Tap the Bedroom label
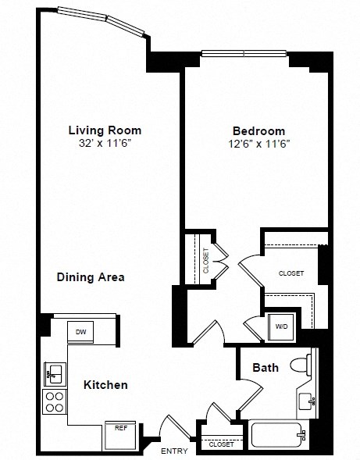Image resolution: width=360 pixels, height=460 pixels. (x=258, y=131)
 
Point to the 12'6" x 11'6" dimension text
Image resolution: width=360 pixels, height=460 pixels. (x=258, y=144)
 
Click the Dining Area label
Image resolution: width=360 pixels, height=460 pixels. (x=91, y=276)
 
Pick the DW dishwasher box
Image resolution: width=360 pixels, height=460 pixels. (x=81, y=332)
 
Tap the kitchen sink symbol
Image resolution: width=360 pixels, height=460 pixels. (x=55, y=373)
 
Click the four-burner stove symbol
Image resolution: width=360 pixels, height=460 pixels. (x=55, y=402)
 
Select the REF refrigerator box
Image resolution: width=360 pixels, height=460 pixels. (x=121, y=429)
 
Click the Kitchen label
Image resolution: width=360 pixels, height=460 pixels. (x=105, y=385)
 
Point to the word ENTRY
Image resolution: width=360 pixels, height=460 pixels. (x=173, y=451)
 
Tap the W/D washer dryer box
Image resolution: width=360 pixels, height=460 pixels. (x=280, y=326)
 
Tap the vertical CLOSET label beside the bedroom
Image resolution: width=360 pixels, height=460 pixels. (x=205, y=259)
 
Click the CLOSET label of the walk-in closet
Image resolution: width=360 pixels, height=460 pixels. (x=291, y=273)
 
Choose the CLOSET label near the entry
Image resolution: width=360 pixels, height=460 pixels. (x=221, y=444)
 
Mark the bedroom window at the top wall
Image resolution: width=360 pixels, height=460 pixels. (x=244, y=54)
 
